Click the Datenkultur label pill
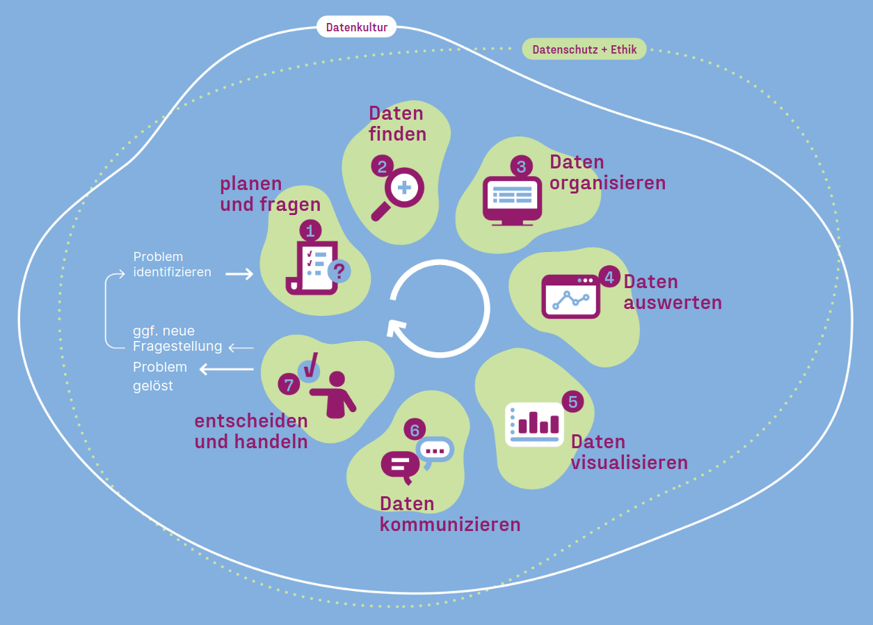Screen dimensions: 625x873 tap(356, 27)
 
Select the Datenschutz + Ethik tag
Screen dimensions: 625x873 tap(584, 49)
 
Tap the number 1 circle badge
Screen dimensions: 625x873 tap(310, 230)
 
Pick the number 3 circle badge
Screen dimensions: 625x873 tap(521, 166)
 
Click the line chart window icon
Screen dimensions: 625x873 tap(570, 297)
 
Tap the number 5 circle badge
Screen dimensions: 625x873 tap(572, 402)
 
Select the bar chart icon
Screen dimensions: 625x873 tap(534, 424)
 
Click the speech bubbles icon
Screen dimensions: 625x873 tap(416, 458)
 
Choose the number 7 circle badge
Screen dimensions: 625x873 tap(289, 384)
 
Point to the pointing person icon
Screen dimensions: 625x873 tap(335, 395)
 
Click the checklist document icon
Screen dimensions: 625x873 tap(312, 268)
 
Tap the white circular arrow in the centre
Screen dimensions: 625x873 tap(439, 308)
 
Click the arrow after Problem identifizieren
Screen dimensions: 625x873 tap(239, 274)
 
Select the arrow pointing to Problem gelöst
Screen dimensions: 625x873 tap(227, 369)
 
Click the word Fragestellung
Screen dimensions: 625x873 tap(177, 347)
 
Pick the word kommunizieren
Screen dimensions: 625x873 tap(450, 524)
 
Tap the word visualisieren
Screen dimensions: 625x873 tap(629, 462)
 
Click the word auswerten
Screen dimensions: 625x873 tap(672, 303)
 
